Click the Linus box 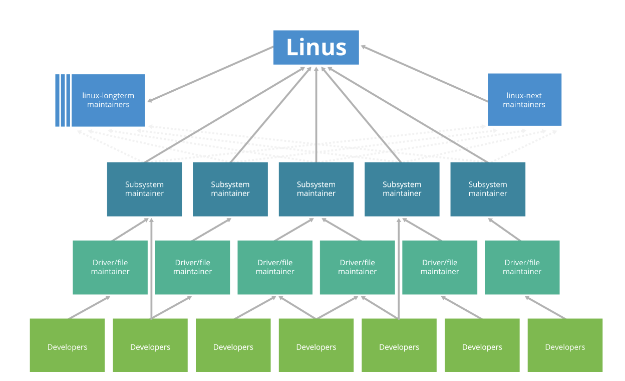tap(316, 48)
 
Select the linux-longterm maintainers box tap(108, 100)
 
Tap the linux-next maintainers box tap(524, 100)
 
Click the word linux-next tap(524, 95)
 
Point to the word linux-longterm tap(108, 95)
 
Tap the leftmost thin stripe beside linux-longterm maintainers tap(57, 100)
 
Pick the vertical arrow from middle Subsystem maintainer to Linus tap(316, 115)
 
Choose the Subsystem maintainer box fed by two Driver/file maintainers tap(316, 189)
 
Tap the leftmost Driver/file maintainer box tap(110, 267)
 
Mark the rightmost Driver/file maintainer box tap(522, 267)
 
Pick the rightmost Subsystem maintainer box tap(488, 189)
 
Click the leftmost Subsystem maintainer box tap(144, 189)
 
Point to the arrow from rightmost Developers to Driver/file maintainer tap(546, 307)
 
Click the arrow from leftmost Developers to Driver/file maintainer tap(89, 307)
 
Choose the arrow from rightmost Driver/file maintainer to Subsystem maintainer tap(505, 229)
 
